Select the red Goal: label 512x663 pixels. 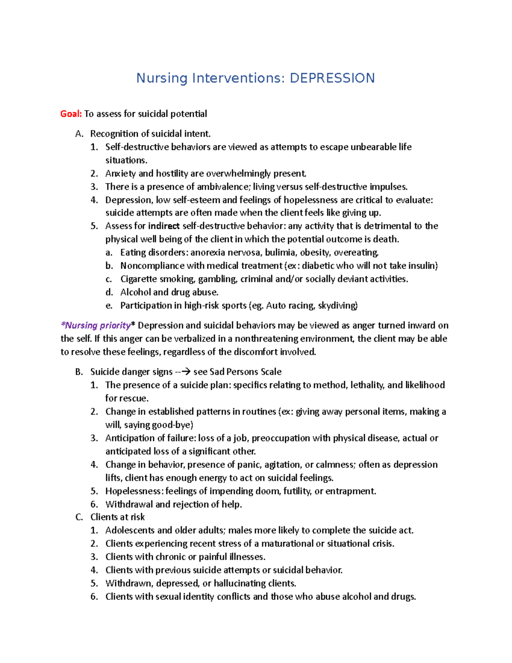point(71,114)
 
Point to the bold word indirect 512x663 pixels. point(164,226)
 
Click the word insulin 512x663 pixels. point(422,266)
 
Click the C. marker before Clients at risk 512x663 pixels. point(79,517)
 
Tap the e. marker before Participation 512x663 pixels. point(109,305)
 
